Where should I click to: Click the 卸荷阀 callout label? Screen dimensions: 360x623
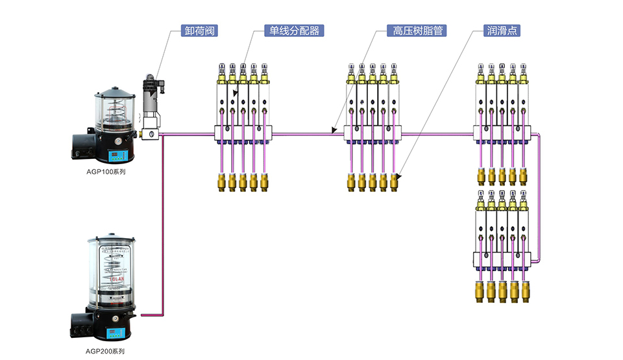(199, 30)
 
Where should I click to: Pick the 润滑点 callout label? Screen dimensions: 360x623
(502, 30)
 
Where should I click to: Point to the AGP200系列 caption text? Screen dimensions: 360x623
(104, 351)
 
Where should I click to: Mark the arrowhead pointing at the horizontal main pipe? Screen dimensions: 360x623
(334, 130)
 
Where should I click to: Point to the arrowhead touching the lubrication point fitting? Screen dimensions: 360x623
(398, 176)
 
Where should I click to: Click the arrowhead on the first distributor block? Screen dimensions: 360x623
(236, 93)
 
